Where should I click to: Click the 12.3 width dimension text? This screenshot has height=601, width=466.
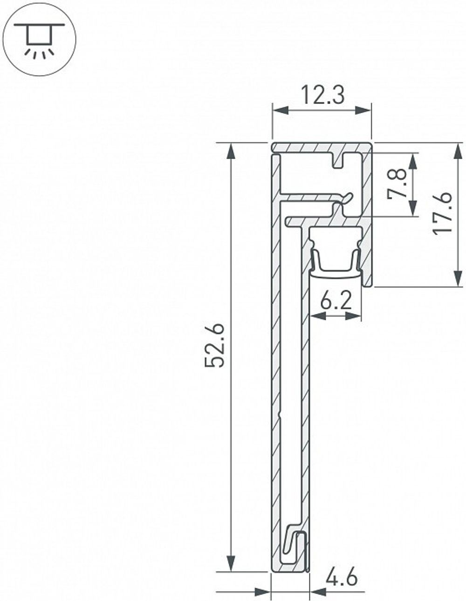tap(322, 96)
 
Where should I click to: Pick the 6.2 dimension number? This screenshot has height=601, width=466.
tap(336, 302)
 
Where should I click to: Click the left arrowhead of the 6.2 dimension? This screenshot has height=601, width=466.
tap(317, 316)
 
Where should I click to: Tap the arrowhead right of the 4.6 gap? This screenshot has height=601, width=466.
tap(317, 592)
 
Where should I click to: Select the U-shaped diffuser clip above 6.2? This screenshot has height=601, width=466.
tap(336, 263)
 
